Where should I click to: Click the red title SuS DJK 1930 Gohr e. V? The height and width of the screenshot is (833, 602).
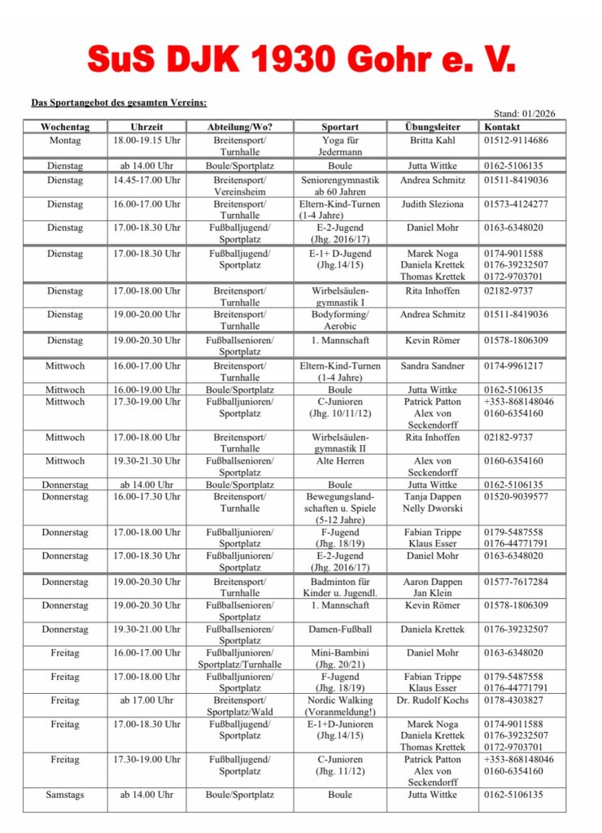[300, 59]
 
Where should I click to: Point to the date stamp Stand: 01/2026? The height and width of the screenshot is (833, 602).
[525, 114]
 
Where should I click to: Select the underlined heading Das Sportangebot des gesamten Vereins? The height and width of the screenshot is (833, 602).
[118, 102]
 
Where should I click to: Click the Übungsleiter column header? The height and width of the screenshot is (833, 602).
[432, 127]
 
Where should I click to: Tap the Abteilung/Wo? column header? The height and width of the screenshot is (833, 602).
[240, 127]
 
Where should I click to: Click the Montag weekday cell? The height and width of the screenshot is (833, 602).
[64, 140]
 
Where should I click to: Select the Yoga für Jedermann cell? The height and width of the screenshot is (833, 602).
[339, 146]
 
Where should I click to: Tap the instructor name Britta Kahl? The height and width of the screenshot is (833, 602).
[432, 140]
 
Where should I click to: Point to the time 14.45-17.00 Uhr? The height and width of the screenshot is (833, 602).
[146, 180]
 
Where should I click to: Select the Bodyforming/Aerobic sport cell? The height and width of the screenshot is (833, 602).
[339, 320]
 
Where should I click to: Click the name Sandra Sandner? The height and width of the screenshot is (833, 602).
[432, 366]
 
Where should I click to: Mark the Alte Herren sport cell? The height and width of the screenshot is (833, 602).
[339, 460]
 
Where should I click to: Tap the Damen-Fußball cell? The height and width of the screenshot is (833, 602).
[339, 629]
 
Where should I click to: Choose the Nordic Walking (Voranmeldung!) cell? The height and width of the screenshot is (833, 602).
[339, 705]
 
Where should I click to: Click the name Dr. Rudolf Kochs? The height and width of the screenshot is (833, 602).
[432, 700]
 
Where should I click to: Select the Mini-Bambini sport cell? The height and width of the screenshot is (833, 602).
[339, 658]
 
